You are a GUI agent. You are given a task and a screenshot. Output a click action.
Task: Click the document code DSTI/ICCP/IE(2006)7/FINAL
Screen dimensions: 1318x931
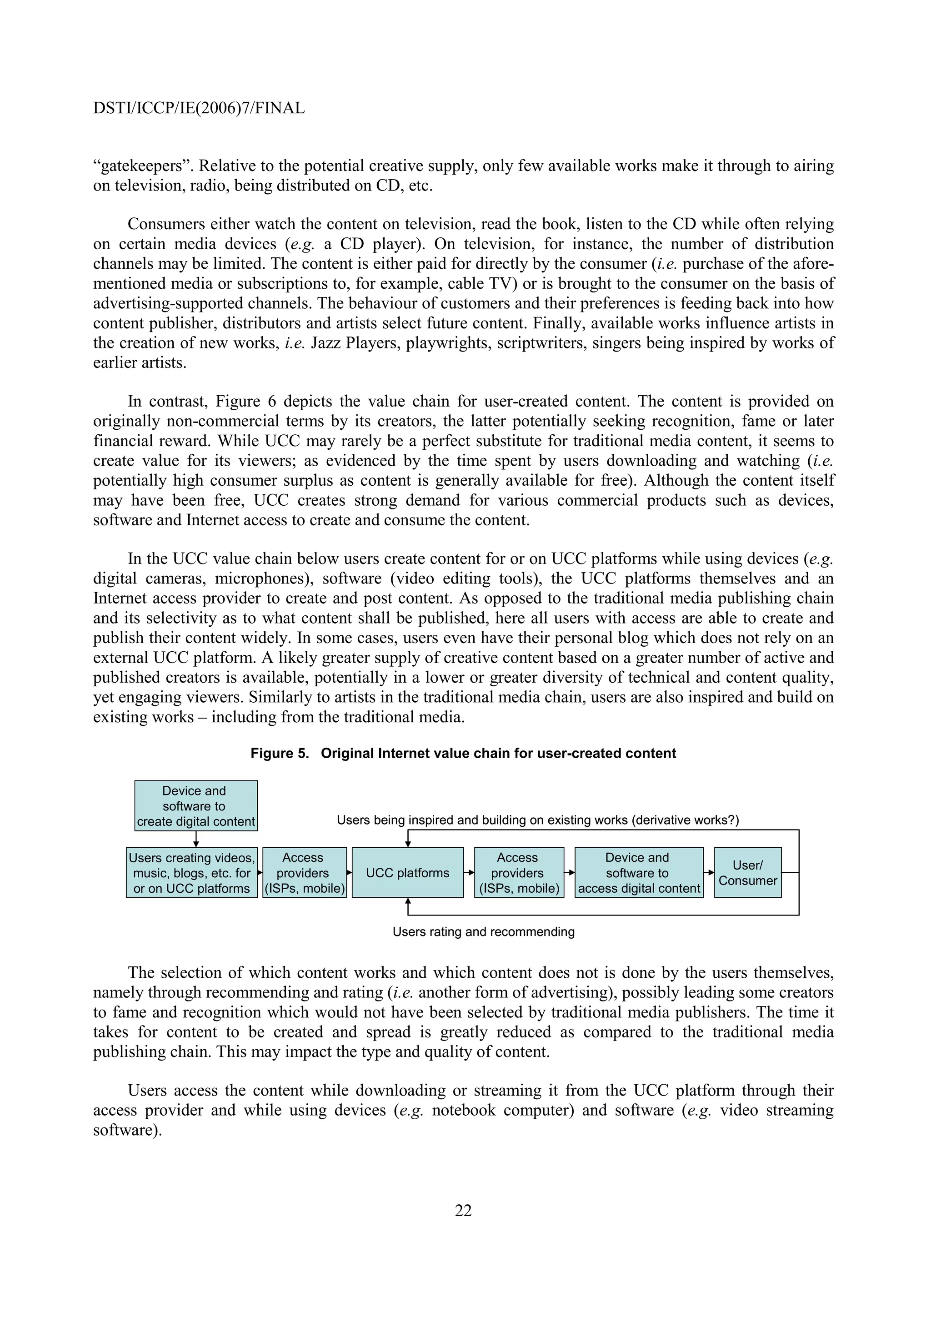tap(199, 108)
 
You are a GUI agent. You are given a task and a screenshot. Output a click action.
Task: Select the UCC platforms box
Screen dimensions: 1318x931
tap(407, 873)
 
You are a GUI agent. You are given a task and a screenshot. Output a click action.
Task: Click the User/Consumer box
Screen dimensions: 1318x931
tap(747, 873)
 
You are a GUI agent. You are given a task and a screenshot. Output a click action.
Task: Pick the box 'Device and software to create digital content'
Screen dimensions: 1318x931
tap(195, 806)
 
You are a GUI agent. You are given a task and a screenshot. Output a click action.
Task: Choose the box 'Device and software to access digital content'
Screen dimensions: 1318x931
tap(638, 873)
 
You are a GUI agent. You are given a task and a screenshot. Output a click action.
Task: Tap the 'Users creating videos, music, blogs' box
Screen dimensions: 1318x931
tap(191, 873)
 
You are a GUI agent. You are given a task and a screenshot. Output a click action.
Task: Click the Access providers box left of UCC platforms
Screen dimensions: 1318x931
tap(304, 873)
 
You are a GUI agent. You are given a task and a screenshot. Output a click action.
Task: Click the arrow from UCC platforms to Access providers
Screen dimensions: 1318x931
tap(469, 873)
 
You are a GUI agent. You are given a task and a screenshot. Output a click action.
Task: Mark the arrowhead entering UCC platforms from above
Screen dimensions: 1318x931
tap(407, 843)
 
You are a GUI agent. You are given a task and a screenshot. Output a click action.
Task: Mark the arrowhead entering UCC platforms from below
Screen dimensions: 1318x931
tap(407, 902)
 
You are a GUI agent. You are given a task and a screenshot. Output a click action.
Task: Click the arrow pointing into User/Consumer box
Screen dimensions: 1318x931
tap(709, 873)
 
